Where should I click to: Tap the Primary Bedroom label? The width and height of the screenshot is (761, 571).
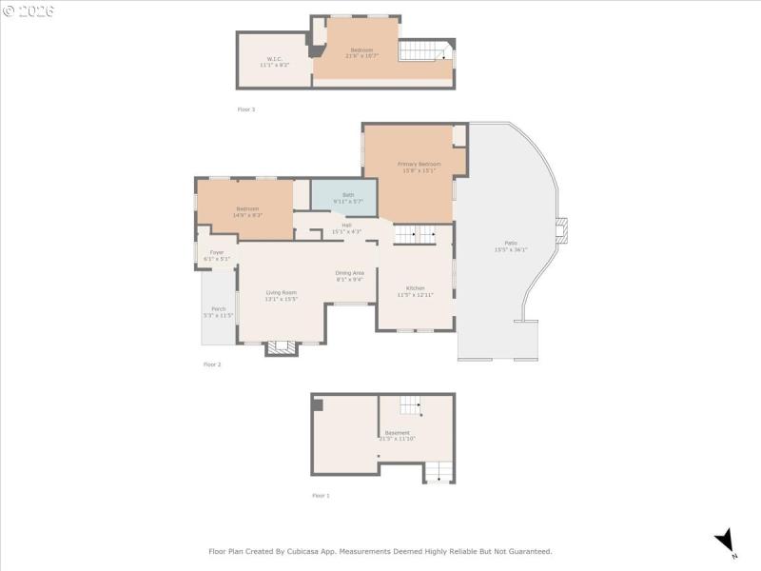click(x=419, y=165)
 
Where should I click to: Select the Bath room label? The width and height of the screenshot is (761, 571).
click(x=348, y=195)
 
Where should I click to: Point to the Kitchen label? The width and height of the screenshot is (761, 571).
click(x=415, y=288)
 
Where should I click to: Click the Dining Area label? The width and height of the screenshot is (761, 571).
click(x=349, y=273)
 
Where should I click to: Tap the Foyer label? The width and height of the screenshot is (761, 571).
click(x=217, y=252)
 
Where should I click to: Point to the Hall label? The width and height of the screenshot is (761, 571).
click(x=346, y=226)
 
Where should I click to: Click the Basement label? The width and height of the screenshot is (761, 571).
click(x=398, y=433)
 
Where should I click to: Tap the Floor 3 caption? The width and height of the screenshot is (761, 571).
click(x=245, y=109)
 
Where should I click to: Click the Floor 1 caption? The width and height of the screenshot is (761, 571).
click(x=321, y=496)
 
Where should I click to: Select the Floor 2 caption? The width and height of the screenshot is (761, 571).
click(x=212, y=364)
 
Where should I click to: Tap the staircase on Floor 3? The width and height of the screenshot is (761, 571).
click(x=423, y=51)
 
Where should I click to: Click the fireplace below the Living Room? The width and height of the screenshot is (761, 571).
click(x=281, y=348)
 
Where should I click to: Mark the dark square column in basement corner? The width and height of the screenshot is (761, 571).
click(x=318, y=404)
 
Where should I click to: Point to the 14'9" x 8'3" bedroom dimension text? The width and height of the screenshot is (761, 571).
click(x=247, y=215)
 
